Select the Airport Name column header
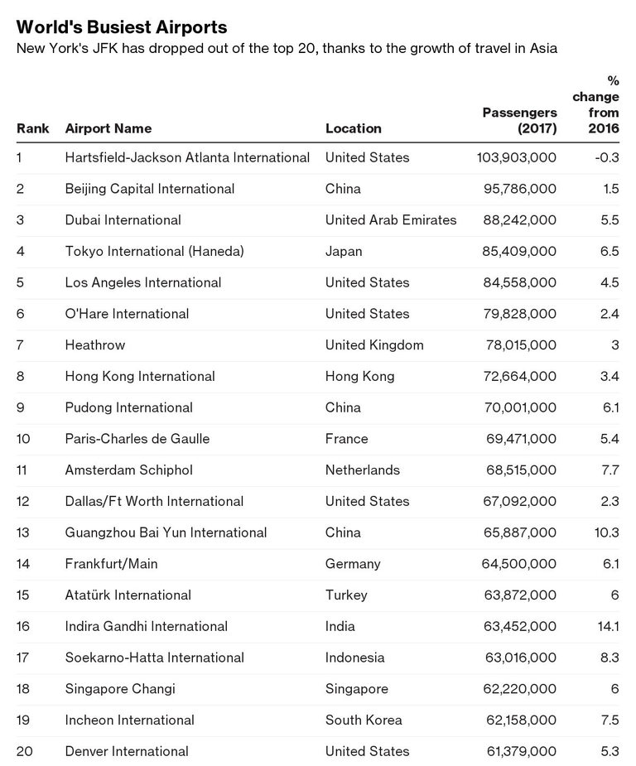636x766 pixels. tap(108, 128)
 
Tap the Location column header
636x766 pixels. tap(354, 128)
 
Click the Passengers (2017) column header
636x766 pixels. tap(519, 120)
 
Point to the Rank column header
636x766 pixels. tap(33, 128)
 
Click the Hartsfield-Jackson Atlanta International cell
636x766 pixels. tap(187, 157)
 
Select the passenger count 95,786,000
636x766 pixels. tap(519, 189)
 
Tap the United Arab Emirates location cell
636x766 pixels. tap(391, 220)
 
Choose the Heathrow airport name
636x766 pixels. tap(95, 344)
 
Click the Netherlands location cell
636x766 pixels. tap(363, 470)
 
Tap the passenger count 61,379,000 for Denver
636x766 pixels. tap(519, 751)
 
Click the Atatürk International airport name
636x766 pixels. tap(128, 595)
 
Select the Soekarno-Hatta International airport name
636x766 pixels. tap(155, 658)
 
